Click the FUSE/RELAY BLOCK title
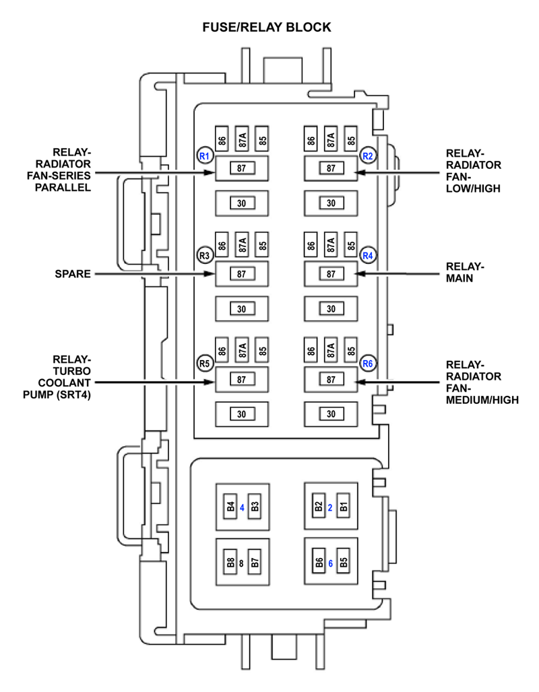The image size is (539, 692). pos(267,28)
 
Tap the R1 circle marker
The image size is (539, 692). pos(204,156)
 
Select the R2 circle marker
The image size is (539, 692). pos(368,156)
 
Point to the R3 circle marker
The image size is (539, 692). pos(204,255)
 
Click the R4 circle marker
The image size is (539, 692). pos(368,255)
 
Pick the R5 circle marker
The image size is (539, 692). pos(204,364)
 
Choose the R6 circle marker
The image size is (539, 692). pos(368,364)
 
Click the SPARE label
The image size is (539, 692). pos(73,274)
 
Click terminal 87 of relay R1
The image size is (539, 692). pos(241,168)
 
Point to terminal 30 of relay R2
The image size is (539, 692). pos(331,203)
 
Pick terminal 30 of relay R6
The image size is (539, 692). pos(331,414)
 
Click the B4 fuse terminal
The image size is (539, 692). pos(230,508)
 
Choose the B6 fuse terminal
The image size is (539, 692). pos(319,563)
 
